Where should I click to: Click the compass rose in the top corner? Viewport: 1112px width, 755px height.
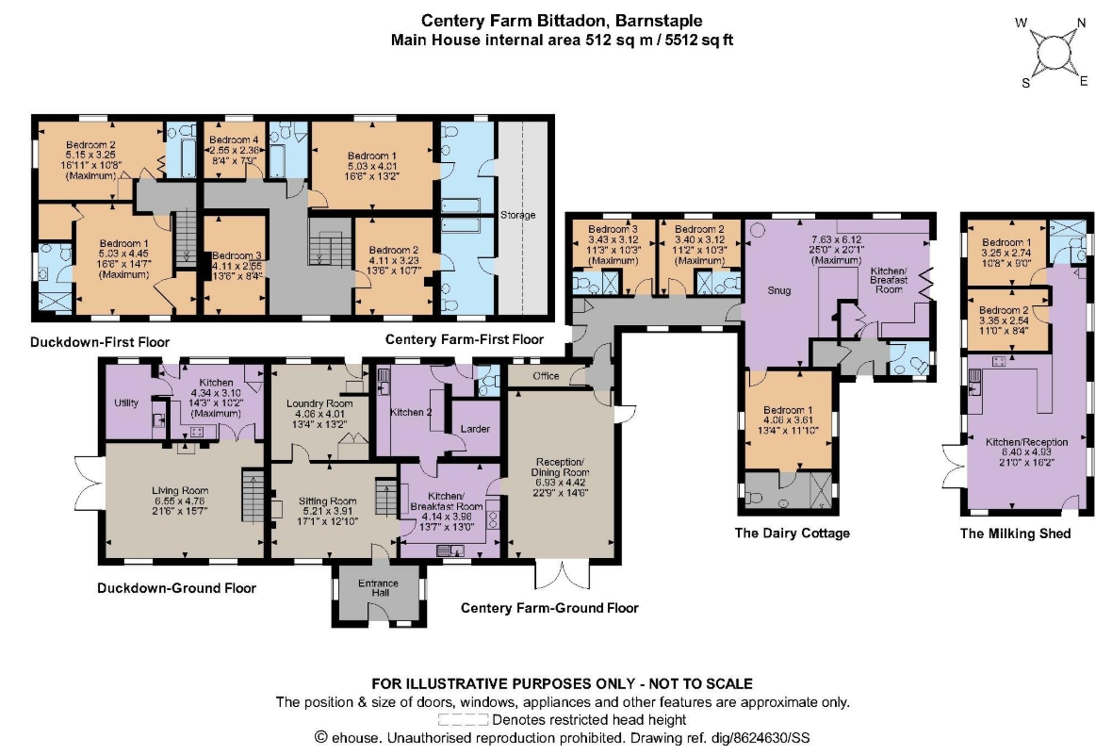click(1054, 53)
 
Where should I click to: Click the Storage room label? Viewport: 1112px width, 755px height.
click(517, 215)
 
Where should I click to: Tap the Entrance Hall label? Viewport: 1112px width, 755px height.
click(378, 587)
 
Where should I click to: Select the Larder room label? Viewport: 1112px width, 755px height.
click(475, 429)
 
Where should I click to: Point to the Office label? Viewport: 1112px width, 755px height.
click(546, 376)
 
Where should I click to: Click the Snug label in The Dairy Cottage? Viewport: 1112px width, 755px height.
click(778, 290)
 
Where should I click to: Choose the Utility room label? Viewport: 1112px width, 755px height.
click(126, 403)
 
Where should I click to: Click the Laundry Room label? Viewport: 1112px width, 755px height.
click(319, 403)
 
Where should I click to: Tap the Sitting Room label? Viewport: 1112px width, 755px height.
click(327, 501)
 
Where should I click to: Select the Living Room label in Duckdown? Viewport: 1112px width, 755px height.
click(180, 490)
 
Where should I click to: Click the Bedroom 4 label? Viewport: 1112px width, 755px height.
click(234, 140)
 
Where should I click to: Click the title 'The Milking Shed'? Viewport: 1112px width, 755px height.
click(1015, 533)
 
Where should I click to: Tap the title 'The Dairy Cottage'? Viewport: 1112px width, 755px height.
click(793, 533)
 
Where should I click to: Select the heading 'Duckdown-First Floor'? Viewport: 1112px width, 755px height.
click(100, 342)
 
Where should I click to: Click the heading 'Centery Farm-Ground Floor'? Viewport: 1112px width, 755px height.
click(549, 608)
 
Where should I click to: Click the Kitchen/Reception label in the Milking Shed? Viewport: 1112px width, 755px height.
click(1027, 442)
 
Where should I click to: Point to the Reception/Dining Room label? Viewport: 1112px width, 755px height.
click(561, 467)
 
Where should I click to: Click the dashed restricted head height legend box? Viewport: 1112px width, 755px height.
click(463, 719)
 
